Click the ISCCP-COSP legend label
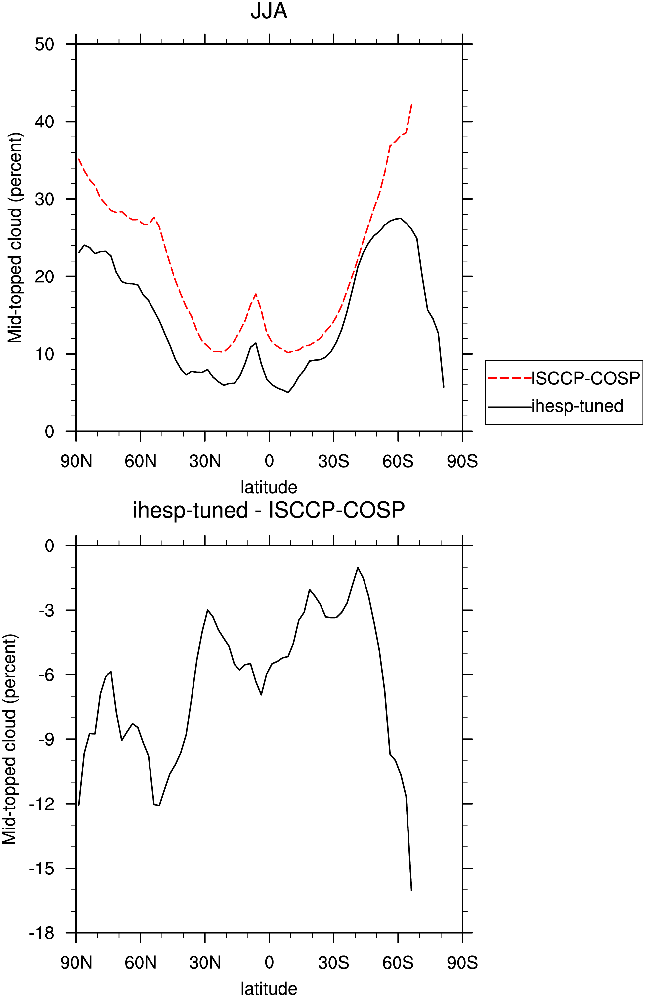tap(585, 378)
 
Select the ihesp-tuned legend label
tap(577, 406)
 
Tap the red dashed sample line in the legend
tap(509, 378)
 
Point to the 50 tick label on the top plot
tap(45, 44)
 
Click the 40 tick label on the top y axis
tap(45, 122)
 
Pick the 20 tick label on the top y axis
tap(45, 276)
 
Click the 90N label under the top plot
tap(76, 461)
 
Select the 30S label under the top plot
tap(334, 461)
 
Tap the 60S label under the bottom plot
tap(398, 963)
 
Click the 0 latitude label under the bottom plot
tap(269, 963)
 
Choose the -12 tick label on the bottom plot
tap(42, 804)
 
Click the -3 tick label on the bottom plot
tap(46, 610)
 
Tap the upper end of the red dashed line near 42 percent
tap(412, 104)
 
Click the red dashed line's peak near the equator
tap(256, 294)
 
